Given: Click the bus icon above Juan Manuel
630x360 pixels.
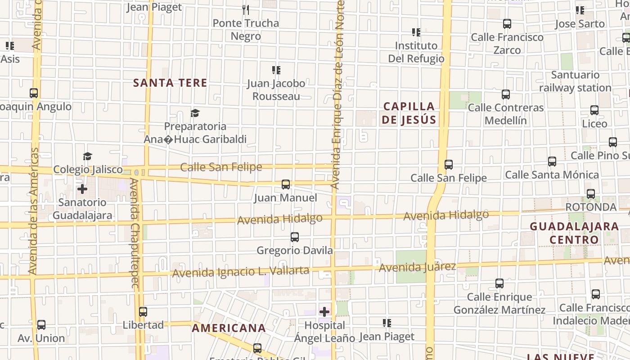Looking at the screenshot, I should (286, 184).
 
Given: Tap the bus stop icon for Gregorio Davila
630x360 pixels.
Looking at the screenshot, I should (295, 237).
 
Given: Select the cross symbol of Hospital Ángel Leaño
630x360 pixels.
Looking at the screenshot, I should (324, 311).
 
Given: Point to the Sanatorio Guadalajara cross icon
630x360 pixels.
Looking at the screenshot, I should (82, 189).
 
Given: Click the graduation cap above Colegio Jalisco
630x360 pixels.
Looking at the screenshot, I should (87, 156).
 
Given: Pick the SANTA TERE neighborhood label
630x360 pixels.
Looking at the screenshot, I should (170, 83).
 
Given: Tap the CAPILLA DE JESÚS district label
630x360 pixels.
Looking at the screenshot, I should (409, 113).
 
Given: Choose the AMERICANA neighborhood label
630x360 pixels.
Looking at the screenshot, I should (229, 328).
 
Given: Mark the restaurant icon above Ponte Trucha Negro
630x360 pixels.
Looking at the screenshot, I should (246, 9).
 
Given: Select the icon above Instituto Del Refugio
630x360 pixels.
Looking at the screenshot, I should (416, 32).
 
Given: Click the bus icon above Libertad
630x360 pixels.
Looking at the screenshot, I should (143, 311).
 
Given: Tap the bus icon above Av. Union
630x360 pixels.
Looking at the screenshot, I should (41, 324).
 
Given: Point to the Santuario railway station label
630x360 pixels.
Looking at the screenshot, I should (575, 81).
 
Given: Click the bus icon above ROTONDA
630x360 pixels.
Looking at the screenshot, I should (591, 194).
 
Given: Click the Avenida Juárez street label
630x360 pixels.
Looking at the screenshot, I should (417, 267).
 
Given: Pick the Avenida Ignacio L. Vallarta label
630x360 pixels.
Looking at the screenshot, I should (240, 272).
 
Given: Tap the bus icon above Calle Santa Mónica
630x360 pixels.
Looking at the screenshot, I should (552, 161).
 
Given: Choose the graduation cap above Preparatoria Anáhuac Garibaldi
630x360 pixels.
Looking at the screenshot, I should (195, 112).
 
